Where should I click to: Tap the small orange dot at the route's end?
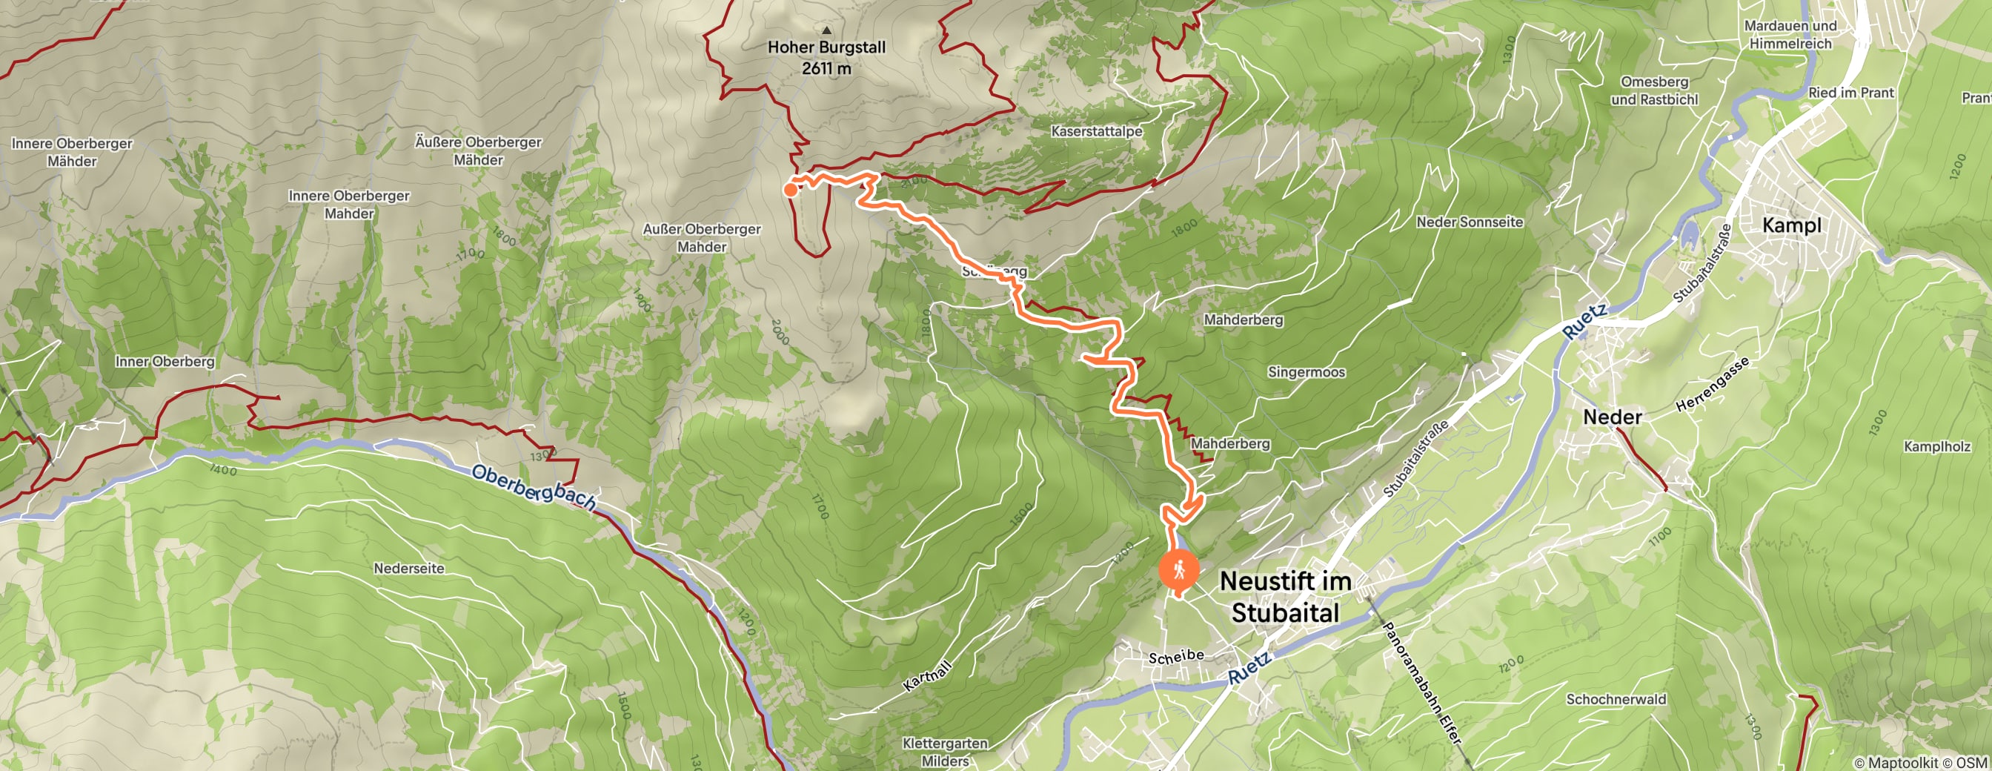tap(790, 190)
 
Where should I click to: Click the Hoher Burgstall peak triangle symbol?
tap(826, 30)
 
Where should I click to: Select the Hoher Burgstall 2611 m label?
tap(826, 57)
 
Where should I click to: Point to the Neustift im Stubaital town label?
tap(1285, 597)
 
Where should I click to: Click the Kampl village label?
tap(1791, 225)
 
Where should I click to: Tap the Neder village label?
tap(1613, 417)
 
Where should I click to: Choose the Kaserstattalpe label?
tap(1097, 131)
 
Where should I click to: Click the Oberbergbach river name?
tap(534, 487)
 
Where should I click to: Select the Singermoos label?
tap(1306, 372)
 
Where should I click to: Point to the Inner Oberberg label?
tap(165, 361)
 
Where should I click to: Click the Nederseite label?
tap(409, 569)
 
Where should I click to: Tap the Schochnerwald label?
tap(1616, 699)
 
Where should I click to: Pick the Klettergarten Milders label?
tap(945, 752)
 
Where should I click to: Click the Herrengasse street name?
tap(1711, 384)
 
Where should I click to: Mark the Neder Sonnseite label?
tap(1470, 222)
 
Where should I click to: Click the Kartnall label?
tap(926, 675)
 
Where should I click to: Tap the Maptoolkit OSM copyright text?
tap(1921, 764)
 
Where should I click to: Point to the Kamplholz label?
tap(1937, 446)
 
